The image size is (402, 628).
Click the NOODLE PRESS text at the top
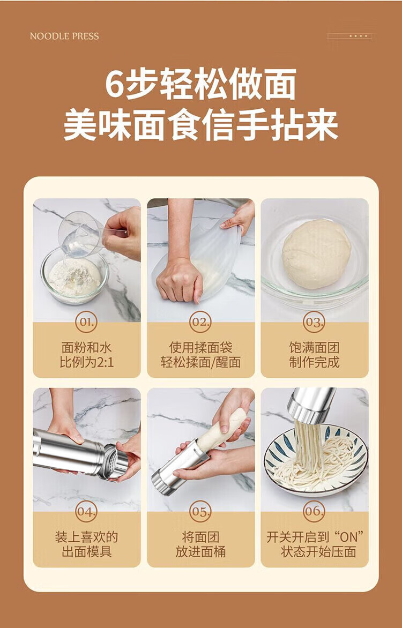click(64, 36)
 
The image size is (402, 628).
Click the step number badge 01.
click(86, 322)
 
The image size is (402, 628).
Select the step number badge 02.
click(200, 322)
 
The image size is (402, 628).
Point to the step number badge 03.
click(314, 322)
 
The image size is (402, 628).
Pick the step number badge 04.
click(86, 511)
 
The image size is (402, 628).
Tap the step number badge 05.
click(200, 511)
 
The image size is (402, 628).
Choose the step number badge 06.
click(314, 511)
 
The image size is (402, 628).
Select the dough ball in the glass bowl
click(316, 253)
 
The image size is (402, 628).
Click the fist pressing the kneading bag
click(179, 281)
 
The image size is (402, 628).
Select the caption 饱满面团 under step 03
click(314, 347)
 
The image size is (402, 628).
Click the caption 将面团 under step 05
click(200, 537)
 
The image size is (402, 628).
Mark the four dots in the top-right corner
click(358, 36)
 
